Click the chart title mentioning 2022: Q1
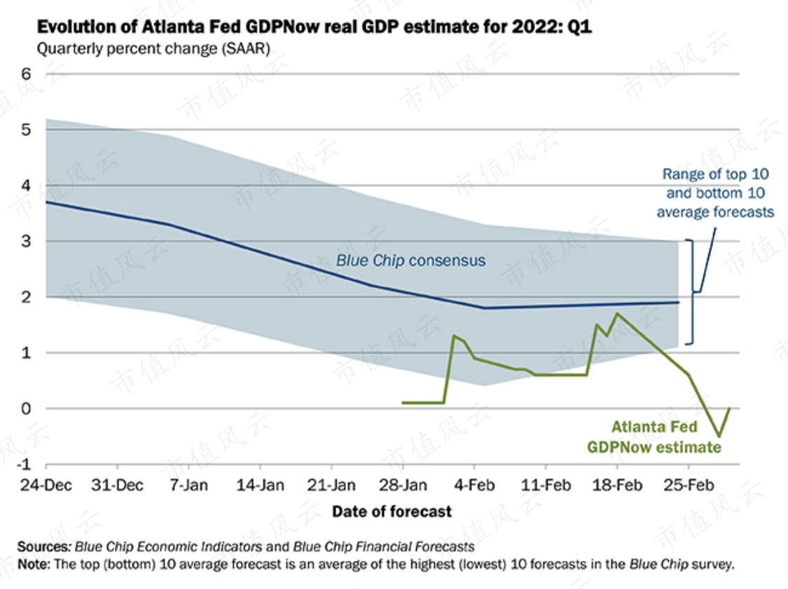[314, 26]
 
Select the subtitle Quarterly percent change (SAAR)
[153, 49]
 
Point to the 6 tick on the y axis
[26, 74]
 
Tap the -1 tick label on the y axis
[24, 464]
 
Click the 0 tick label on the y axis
[26, 408]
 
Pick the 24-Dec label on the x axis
[46, 485]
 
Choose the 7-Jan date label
[188, 485]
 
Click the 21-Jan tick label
[331, 485]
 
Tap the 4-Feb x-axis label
[474, 485]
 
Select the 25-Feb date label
[689, 485]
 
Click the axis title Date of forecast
[392, 511]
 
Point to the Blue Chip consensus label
[410, 261]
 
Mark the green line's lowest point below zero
[719, 436]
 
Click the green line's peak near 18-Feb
[617, 314]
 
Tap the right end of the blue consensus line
[679, 303]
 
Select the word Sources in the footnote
[43, 546]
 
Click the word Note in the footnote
[33, 564]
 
